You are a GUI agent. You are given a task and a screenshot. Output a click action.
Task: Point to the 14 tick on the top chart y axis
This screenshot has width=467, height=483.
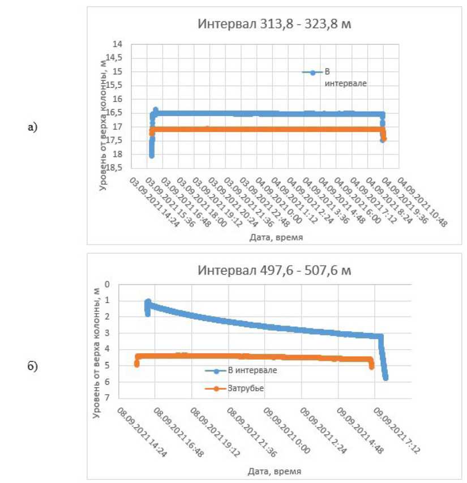click(x=118, y=44)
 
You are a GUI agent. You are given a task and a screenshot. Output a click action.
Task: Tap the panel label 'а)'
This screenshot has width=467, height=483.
click(x=32, y=127)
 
